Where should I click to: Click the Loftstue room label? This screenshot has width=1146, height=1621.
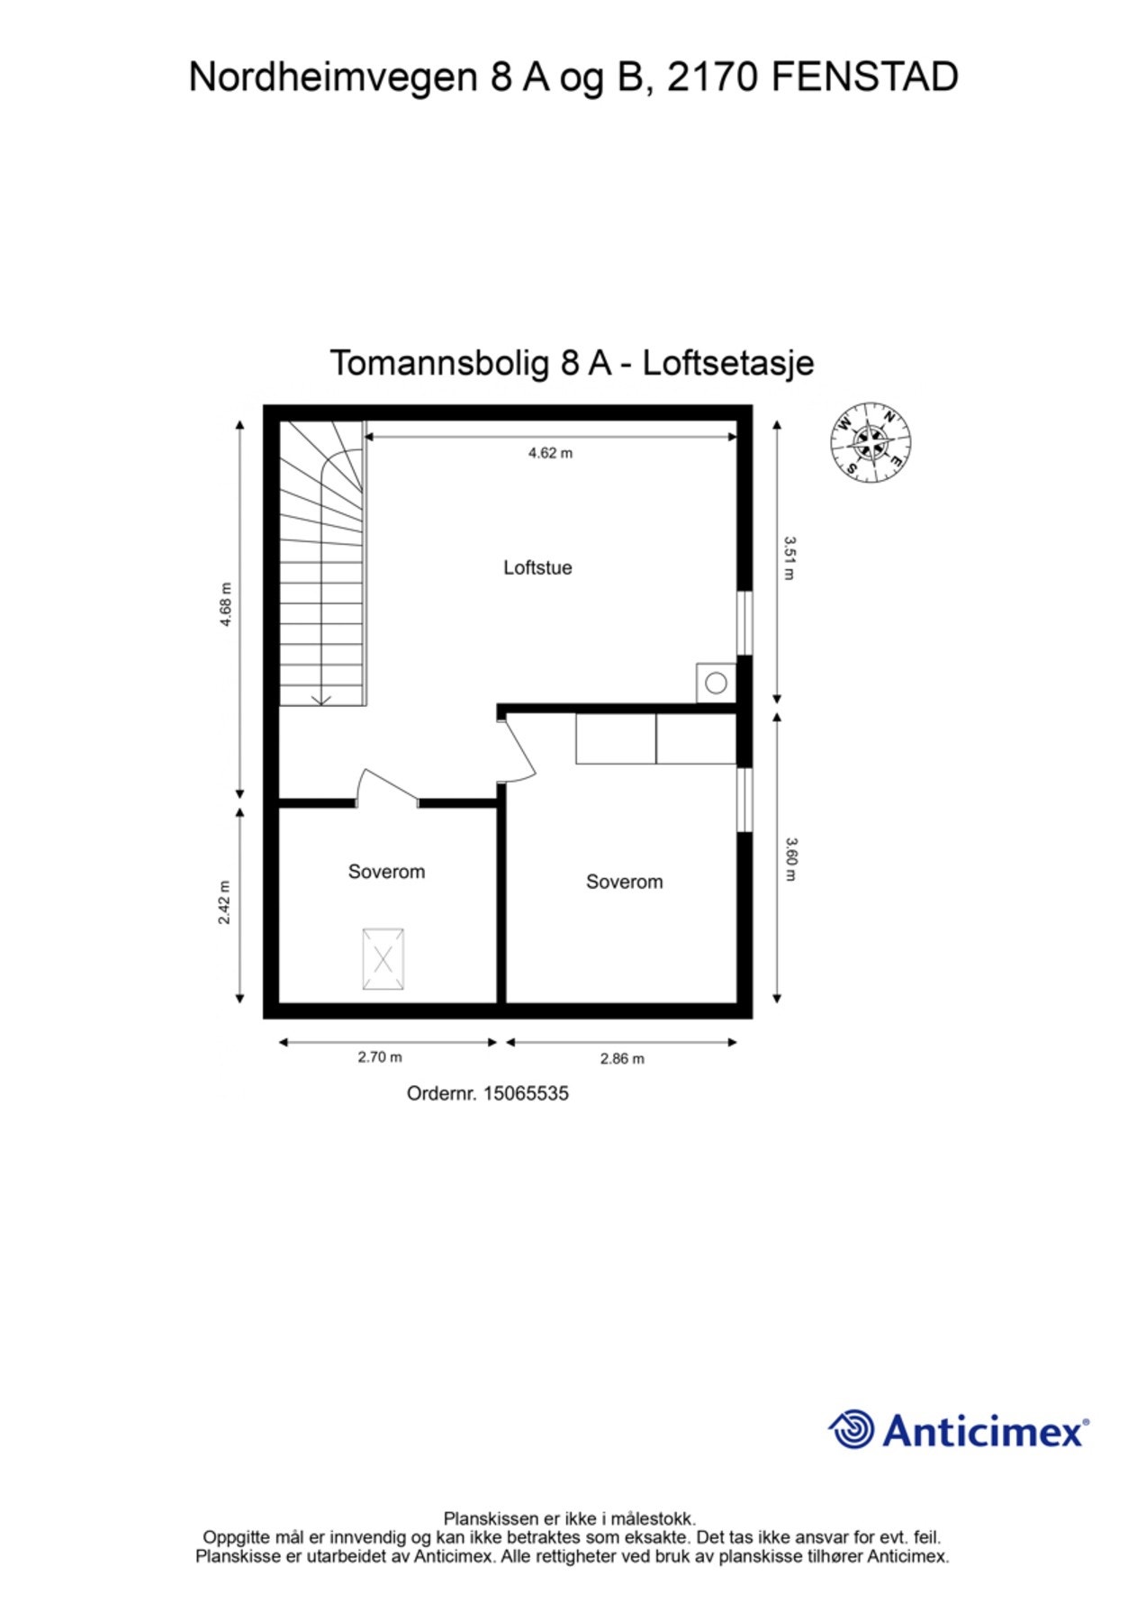(x=537, y=567)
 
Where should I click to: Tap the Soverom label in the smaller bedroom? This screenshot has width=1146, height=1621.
(x=386, y=872)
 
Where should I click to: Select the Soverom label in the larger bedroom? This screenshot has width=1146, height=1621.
(x=624, y=882)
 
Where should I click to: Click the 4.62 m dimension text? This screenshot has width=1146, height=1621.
(x=550, y=453)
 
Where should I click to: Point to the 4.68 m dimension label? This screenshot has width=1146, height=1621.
(x=226, y=604)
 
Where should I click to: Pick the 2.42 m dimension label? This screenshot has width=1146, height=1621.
(x=225, y=902)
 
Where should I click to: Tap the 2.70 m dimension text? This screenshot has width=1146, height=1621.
(x=380, y=1057)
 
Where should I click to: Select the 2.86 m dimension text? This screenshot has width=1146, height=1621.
(x=622, y=1059)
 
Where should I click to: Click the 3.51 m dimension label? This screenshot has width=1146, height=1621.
(x=790, y=558)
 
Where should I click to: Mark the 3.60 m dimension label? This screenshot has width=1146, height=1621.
(x=790, y=859)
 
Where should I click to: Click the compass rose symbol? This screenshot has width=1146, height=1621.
(x=871, y=442)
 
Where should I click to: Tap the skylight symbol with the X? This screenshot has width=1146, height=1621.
(x=383, y=959)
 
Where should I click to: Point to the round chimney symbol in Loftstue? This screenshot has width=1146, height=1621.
(x=716, y=683)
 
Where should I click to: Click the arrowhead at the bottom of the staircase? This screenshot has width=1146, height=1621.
(x=321, y=700)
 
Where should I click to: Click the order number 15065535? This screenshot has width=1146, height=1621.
(x=526, y=1093)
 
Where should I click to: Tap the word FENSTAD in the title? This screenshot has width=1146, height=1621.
(x=864, y=77)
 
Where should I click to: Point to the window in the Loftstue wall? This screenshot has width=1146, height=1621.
(x=744, y=622)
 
